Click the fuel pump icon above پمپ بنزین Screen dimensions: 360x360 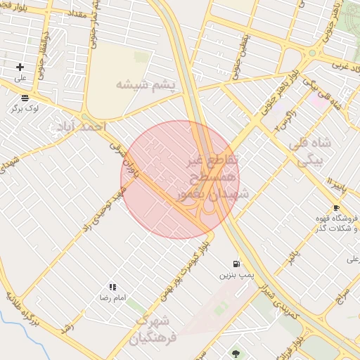pyautogui.click(x=235, y=264)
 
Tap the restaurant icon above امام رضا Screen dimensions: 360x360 pyautogui.click(x=112, y=287)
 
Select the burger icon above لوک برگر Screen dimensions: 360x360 pyautogui.click(x=25, y=98)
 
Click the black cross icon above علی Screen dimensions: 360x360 pyautogui.click(x=20, y=67)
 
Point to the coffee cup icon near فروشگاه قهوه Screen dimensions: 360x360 pyautogui.click(x=336, y=208)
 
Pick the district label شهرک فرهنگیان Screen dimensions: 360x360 pyautogui.click(x=149, y=330)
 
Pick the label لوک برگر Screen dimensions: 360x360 pyautogui.click(x=25, y=109)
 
